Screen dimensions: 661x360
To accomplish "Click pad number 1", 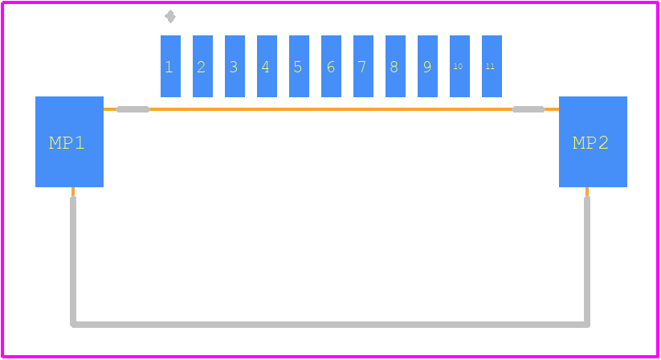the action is tap(171, 66).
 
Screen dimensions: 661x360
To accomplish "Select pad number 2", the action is tap(202, 66).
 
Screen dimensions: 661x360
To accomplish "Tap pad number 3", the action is tap(235, 66).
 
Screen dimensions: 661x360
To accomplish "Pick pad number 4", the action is tap(267, 66).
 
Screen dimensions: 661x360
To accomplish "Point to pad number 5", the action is tap(300, 66).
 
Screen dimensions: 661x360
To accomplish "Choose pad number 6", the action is tap(332, 66).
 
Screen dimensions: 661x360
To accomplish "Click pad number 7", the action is tap(363, 66).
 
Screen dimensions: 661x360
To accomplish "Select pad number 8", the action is tap(395, 66).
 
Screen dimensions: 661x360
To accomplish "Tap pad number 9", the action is tap(427, 66).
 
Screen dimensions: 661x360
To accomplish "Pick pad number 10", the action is tap(460, 66).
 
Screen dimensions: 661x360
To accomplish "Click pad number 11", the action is tap(492, 66).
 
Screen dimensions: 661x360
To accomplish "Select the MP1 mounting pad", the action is tap(70, 141).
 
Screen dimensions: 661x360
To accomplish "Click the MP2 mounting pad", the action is tap(593, 141).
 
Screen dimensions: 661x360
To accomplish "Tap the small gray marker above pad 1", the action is tap(170, 17).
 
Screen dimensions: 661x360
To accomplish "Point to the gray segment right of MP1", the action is tap(133, 109).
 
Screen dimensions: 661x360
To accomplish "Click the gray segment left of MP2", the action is tap(528, 109).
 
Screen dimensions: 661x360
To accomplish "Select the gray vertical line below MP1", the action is tap(73, 261).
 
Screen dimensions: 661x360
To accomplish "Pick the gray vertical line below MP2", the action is tap(587, 261).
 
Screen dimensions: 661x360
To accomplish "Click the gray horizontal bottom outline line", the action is tap(330, 325).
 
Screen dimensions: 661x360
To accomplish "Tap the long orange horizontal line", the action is tap(331, 109).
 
